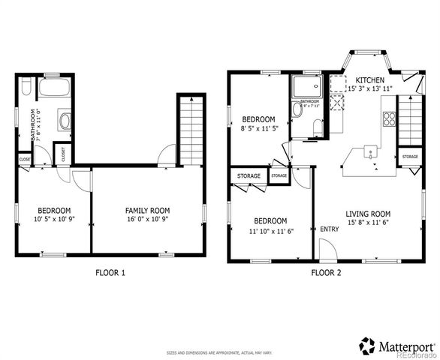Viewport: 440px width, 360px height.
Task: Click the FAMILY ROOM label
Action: click(147, 210)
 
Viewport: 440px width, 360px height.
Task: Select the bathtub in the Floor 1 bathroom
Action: click(53, 88)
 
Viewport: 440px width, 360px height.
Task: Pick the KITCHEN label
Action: click(369, 79)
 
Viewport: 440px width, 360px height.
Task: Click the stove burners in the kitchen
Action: click(390, 118)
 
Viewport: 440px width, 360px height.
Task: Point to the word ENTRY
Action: click(329, 229)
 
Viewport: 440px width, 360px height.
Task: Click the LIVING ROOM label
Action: click(373, 213)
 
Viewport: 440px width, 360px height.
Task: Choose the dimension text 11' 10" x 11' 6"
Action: click(270, 231)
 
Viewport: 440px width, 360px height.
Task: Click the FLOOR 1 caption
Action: click(110, 272)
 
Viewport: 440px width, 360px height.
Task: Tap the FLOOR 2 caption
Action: click(326, 272)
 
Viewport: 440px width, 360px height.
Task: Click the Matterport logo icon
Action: click(367, 346)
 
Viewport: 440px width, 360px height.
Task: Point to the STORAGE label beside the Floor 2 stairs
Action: click(410, 157)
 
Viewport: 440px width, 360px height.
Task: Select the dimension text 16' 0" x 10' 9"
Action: click(147, 220)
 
